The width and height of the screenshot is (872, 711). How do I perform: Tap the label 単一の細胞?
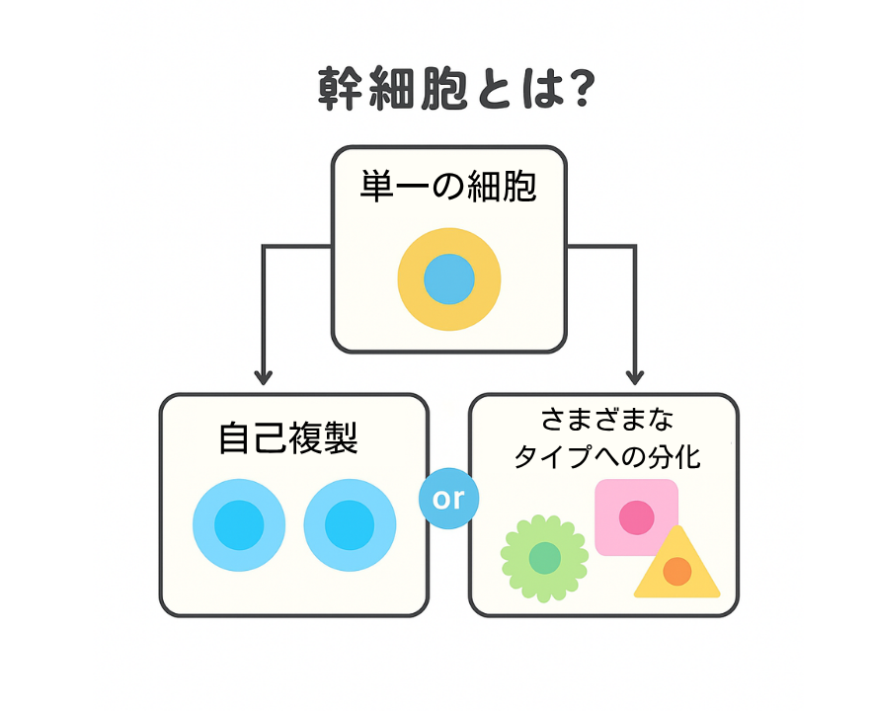(x=448, y=187)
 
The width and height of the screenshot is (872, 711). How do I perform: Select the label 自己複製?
(x=287, y=438)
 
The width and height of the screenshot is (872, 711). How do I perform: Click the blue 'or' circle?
(x=448, y=499)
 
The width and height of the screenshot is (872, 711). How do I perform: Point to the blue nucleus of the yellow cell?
(x=449, y=279)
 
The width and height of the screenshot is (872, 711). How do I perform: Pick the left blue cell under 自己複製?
(x=239, y=524)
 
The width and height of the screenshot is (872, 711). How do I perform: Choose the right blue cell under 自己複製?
(x=350, y=524)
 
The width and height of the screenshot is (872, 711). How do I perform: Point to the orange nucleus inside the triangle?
(x=676, y=571)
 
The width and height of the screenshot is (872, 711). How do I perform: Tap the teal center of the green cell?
(x=544, y=558)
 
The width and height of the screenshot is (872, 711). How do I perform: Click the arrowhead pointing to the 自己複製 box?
(x=263, y=376)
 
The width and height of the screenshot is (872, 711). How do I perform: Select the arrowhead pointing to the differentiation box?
(x=635, y=376)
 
